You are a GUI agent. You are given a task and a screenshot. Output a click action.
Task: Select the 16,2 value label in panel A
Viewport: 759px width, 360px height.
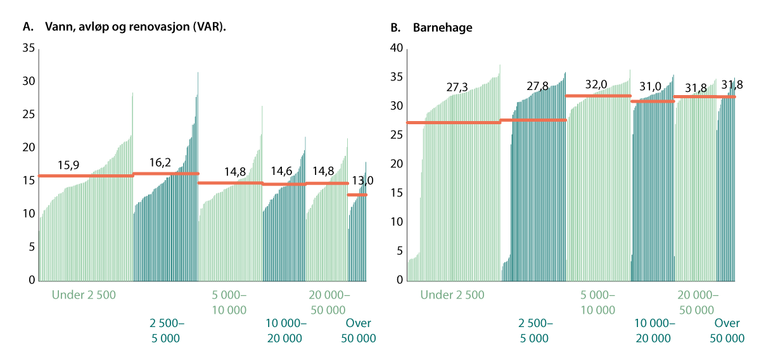160,163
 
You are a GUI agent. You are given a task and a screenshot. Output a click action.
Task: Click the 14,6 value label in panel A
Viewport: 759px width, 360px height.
283,172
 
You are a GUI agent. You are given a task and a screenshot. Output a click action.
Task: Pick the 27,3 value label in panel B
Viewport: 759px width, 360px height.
457,87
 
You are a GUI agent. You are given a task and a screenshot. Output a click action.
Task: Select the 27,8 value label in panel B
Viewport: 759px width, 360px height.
537,86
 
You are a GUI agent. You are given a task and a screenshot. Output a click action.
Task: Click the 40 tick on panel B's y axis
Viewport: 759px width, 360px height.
397,49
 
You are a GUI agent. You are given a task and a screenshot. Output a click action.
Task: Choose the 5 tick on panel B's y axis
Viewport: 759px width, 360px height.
400,251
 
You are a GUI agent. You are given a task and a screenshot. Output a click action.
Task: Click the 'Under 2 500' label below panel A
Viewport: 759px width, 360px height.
84,295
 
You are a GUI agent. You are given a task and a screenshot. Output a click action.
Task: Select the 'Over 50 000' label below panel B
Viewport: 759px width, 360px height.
727,331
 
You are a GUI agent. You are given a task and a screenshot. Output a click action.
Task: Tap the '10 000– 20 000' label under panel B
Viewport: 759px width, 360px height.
655,331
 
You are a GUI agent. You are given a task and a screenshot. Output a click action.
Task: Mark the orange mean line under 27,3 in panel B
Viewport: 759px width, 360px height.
453,122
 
